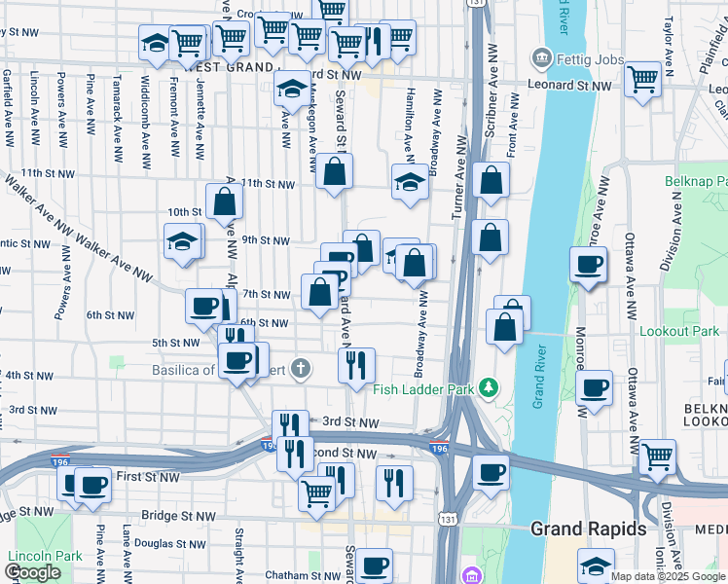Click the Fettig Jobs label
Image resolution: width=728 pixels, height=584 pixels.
click(x=590, y=60)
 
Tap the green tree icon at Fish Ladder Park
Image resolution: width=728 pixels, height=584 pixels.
click(x=491, y=389)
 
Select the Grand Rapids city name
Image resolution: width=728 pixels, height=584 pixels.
click(x=588, y=529)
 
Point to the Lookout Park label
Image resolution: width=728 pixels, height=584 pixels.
click(x=678, y=331)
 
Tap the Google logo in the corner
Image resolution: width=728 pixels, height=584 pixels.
click(x=32, y=573)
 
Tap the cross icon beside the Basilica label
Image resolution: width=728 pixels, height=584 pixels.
click(x=302, y=369)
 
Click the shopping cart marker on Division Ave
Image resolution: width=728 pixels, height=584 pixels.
click(x=659, y=455)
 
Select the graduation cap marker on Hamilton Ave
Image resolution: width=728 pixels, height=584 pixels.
click(x=410, y=181)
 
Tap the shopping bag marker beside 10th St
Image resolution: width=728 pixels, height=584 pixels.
click(x=224, y=202)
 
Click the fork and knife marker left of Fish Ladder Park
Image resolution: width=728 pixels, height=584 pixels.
click(x=356, y=365)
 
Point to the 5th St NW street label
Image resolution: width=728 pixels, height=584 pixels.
click(x=175, y=343)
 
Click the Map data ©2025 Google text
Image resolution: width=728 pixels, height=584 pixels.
click(x=669, y=576)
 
